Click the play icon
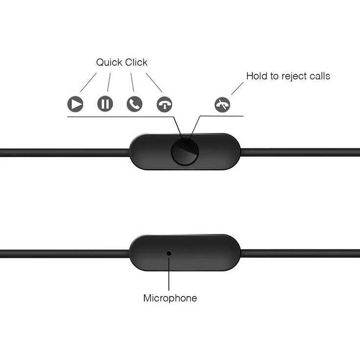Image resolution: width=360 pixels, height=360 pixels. [75, 104]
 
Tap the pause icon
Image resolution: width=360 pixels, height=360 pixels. [105, 104]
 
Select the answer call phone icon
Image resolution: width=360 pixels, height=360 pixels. [135, 104]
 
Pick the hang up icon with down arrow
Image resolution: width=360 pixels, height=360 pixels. [164, 105]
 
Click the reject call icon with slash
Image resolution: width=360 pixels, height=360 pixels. [222, 105]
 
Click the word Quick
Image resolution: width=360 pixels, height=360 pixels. [109, 63]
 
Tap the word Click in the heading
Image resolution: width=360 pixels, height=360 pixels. [136, 62]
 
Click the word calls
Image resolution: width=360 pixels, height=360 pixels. [319, 76]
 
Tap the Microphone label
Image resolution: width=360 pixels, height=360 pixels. [170, 298]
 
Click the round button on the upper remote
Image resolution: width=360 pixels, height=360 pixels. [185, 152]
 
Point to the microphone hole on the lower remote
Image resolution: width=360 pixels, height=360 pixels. [169, 253]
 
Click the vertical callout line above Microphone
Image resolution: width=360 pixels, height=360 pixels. [169, 273]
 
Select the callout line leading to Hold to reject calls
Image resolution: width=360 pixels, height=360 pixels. [237, 89]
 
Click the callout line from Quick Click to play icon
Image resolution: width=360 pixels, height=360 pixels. [89, 83]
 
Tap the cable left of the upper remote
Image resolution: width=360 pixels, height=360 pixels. [65, 153]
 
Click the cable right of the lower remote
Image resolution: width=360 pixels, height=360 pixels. [300, 253]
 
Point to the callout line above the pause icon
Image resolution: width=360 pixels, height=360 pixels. [109, 82]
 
